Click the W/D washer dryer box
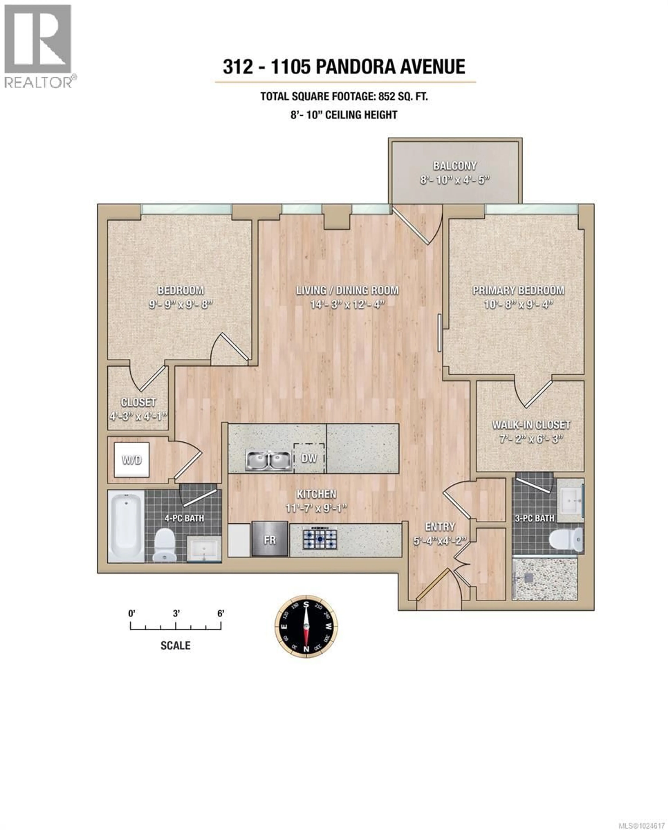[x=132, y=460]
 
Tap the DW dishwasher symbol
[x=309, y=458]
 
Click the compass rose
[x=306, y=626]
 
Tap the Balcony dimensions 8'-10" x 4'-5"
[x=455, y=180]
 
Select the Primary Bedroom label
[x=518, y=290]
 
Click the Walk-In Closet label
[x=531, y=425]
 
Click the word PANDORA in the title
[x=356, y=67]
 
